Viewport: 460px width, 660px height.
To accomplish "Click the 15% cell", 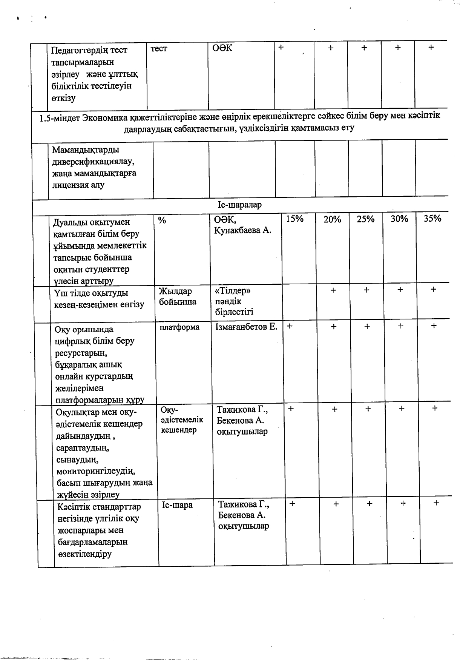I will tap(294, 219).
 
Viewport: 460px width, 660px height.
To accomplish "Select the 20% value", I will tap(332, 219).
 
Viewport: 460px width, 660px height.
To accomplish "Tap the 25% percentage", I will tap(365, 219).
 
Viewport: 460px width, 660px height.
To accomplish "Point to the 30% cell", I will tap(399, 219).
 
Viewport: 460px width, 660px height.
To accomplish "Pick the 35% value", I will tap(432, 218).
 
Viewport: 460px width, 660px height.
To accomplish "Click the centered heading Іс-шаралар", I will tap(239, 205).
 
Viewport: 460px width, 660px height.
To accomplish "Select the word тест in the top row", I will tap(159, 49).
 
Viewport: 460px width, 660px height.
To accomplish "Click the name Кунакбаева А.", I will tap(242, 230).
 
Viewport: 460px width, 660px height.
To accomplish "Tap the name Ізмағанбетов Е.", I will tap(246, 327).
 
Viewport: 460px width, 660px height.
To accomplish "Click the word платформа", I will tap(179, 327).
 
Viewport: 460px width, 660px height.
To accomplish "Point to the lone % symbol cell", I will tap(162, 220).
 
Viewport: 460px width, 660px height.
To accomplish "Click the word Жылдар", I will tap(175, 291).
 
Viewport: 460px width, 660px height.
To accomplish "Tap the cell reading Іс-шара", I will tap(177, 505).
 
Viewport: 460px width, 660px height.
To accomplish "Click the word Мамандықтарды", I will tap(86, 150).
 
